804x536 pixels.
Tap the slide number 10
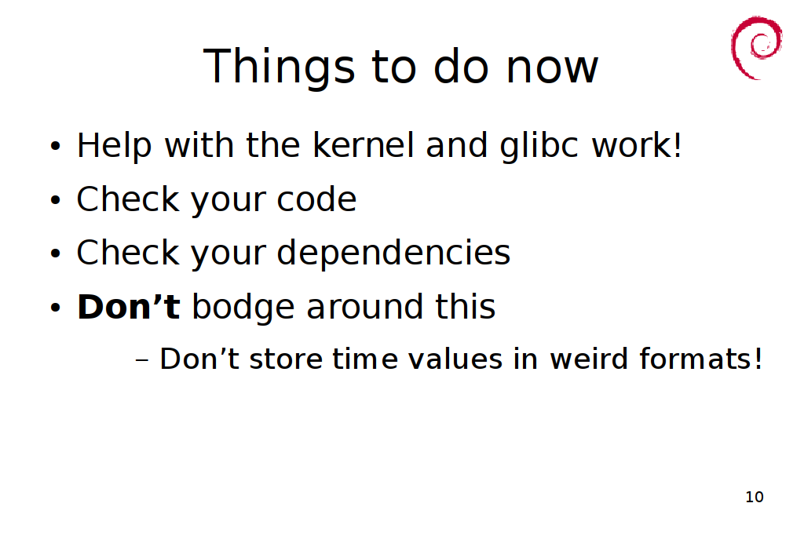[x=755, y=497]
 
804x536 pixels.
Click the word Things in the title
[x=279, y=67]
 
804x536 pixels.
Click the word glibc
[x=539, y=146]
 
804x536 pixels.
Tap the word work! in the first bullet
[x=637, y=145]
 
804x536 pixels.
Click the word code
[x=316, y=199]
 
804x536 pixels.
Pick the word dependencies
[x=393, y=253]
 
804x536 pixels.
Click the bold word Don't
[x=128, y=306]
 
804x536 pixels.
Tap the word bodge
[x=243, y=308]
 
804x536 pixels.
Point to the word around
[x=364, y=306]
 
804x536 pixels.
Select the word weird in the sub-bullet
[x=589, y=358]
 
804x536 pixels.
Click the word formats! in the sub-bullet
[x=701, y=358]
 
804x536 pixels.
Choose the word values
[x=455, y=359]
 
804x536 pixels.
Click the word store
[x=286, y=359]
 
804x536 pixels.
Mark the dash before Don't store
[x=142, y=360]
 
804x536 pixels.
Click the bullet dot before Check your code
[x=56, y=200]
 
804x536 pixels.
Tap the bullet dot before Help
[x=56, y=147]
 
